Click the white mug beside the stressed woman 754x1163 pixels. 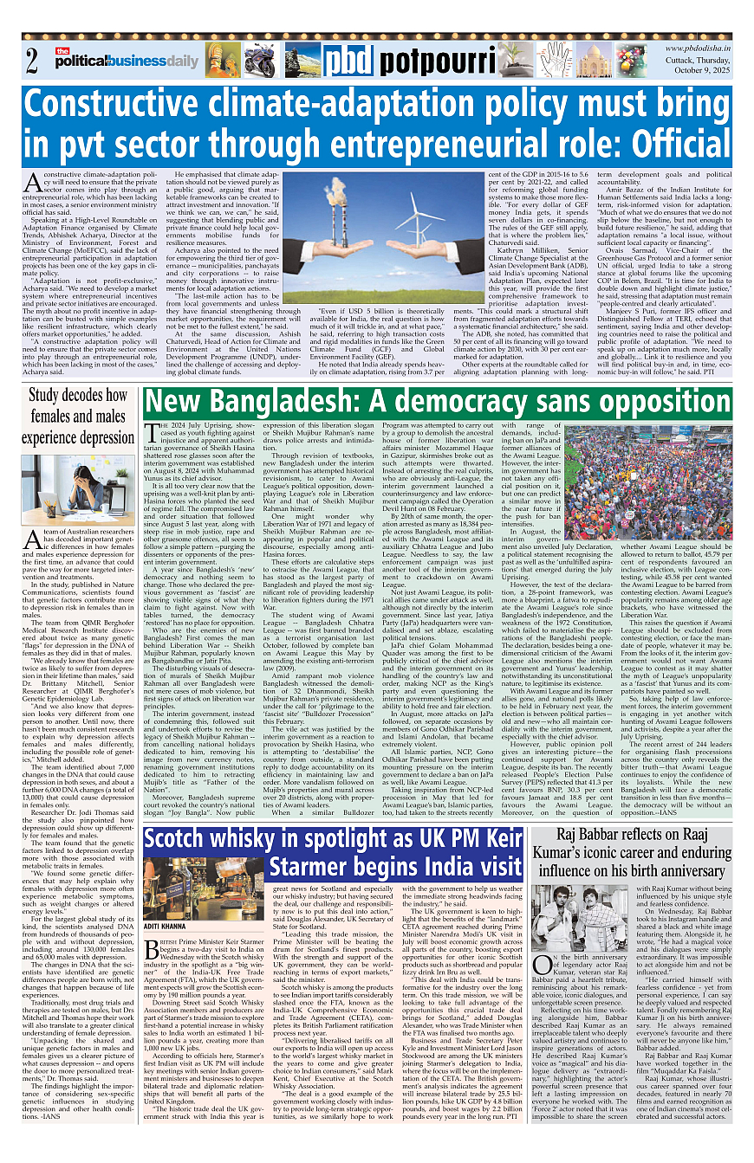click(122, 491)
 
